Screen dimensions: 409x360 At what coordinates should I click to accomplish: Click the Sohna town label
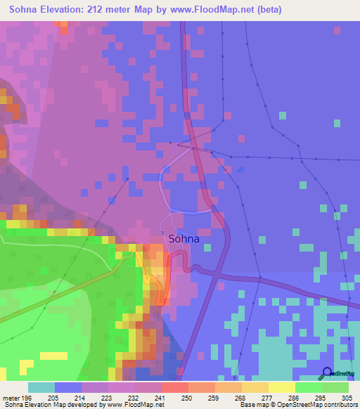(184, 239)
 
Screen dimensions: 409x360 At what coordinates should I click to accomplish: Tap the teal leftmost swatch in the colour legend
(41, 387)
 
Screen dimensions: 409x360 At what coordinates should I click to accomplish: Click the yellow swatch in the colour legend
(282, 387)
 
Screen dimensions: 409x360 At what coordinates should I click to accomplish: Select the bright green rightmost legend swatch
(335, 387)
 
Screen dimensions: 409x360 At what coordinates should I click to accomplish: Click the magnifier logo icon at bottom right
(328, 373)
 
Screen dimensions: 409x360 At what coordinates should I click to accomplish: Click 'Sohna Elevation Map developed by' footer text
(52, 405)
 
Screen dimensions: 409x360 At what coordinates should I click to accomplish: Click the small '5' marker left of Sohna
(162, 233)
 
